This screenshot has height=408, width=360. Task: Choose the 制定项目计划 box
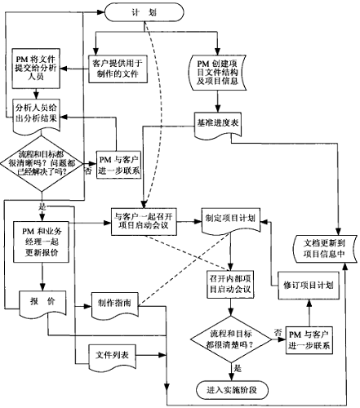pos(229,220)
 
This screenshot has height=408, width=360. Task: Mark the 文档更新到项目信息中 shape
pos(326,248)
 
